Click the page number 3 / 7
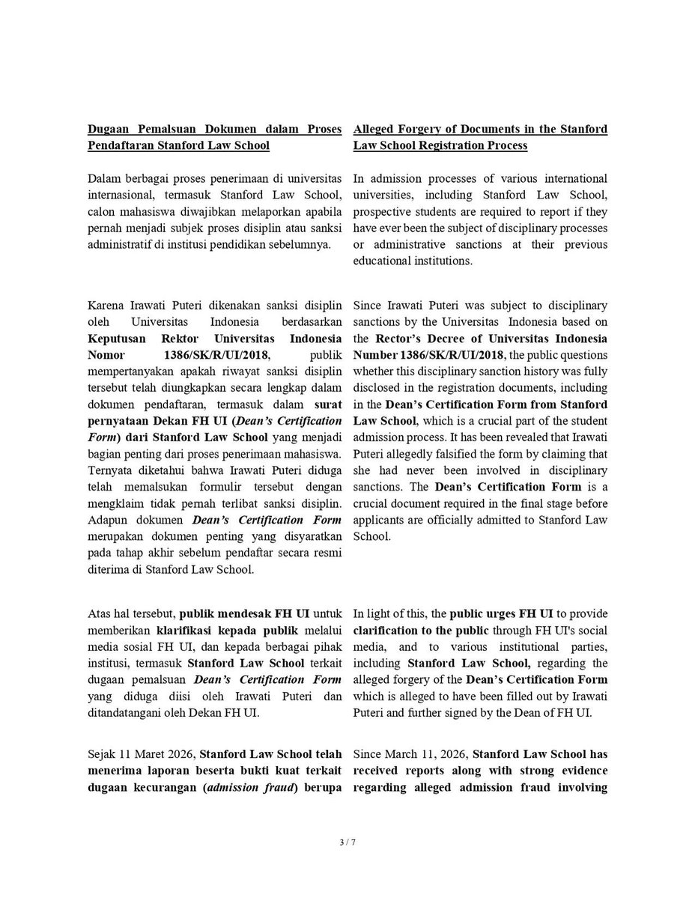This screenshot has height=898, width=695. [x=347, y=843]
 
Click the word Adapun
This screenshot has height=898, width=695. [x=107, y=520]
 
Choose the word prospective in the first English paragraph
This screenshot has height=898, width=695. [x=389, y=211]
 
